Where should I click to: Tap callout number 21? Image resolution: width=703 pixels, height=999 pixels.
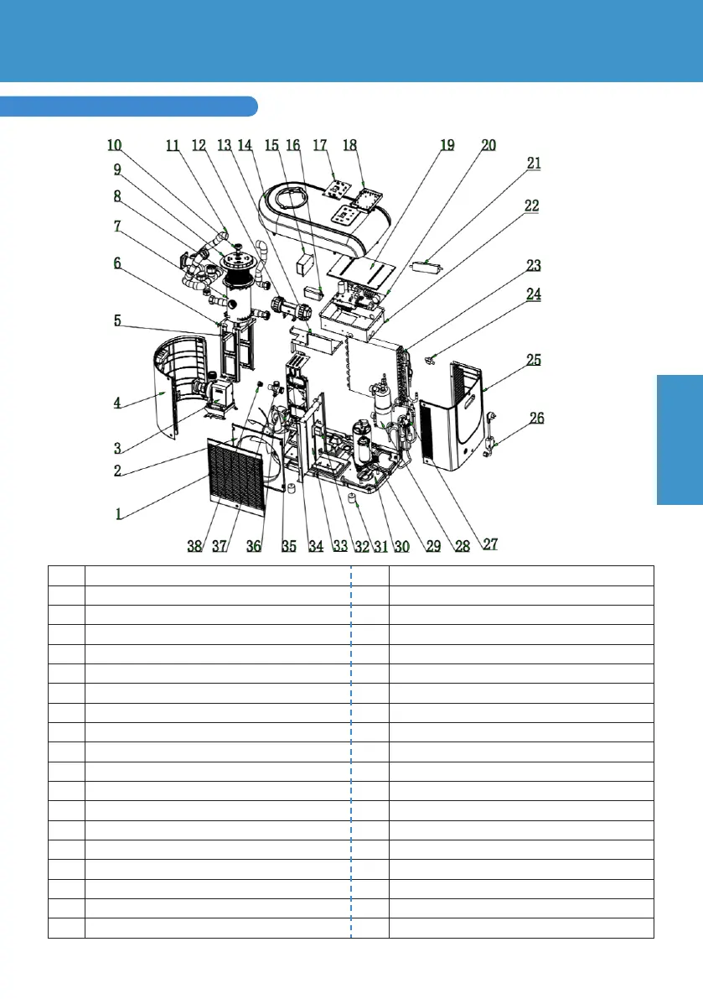[534, 164]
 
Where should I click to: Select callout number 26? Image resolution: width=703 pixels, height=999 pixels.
[535, 418]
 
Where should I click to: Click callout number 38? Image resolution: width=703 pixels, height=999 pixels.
[194, 545]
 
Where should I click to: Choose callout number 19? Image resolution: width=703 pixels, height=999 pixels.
[447, 145]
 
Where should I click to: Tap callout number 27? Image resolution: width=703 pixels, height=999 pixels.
[490, 544]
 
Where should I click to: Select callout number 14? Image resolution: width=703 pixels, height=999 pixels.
[246, 144]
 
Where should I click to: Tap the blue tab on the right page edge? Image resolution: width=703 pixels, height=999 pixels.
[680, 440]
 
